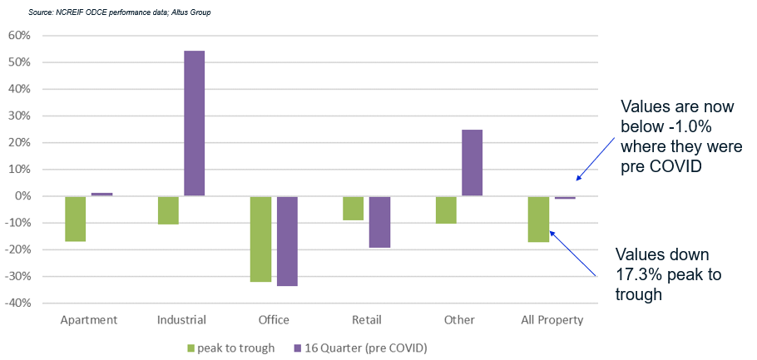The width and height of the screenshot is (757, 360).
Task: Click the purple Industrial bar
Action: tap(194, 123)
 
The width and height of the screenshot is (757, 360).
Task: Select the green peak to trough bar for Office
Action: tap(261, 239)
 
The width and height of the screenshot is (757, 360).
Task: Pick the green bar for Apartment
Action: tap(76, 219)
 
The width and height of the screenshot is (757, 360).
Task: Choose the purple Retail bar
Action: tap(379, 222)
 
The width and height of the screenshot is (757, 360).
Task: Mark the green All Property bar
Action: tap(539, 219)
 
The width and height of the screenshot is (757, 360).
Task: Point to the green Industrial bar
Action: tap(168, 210)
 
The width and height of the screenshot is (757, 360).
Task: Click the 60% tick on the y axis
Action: tap(18, 36)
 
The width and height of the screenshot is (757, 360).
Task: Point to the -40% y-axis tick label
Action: tap(17, 303)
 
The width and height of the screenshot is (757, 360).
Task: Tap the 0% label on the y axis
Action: tap(22, 196)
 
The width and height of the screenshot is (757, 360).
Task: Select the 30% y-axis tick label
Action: tap(18, 116)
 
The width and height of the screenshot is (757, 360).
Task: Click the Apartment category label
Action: tap(88, 320)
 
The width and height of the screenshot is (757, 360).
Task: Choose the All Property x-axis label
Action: tap(552, 320)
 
